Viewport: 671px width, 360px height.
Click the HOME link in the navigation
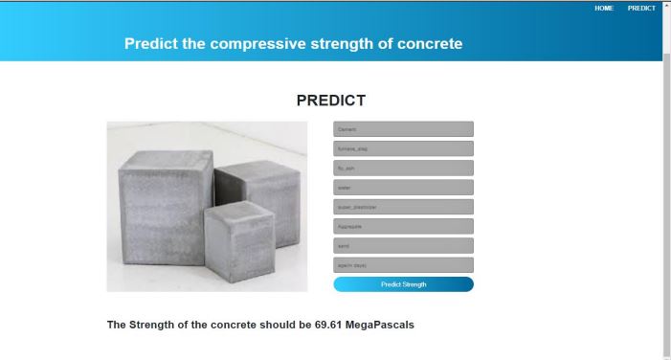coord(604,8)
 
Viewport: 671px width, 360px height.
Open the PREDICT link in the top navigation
coord(641,8)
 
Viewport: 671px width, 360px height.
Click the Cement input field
coord(403,128)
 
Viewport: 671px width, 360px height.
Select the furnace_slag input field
coord(403,148)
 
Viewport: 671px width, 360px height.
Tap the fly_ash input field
coord(403,168)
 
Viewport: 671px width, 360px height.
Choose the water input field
coord(403,187)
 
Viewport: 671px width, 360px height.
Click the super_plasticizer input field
coord(403,207)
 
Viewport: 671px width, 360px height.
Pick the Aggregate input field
coord(403,226)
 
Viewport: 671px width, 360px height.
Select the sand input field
coord(403,245)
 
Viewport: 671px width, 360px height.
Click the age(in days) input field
coord(403,264)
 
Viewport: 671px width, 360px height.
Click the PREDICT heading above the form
coord(330,100)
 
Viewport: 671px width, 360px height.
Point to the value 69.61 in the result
coord(327,325)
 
